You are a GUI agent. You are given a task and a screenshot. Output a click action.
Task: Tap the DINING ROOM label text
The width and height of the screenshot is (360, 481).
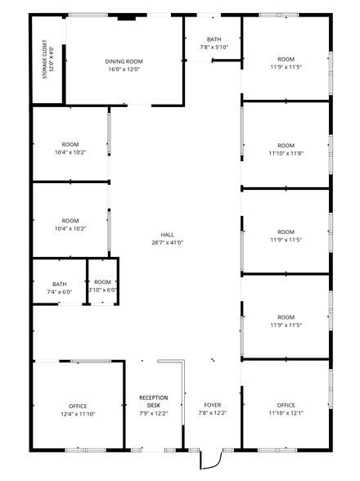pos(124,61)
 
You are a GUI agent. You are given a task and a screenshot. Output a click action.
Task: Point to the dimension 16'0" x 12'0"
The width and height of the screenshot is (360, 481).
pos(124,70)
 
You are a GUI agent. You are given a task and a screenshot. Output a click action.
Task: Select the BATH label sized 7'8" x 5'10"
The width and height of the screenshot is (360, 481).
pos(214,39)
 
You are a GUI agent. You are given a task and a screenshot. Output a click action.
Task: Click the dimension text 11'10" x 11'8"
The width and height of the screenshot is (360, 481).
pos(286,153)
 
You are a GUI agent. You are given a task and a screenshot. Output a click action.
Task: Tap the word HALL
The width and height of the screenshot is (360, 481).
pos(168,234)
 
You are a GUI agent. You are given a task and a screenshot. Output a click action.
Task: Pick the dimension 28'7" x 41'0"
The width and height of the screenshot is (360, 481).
pos(168,242)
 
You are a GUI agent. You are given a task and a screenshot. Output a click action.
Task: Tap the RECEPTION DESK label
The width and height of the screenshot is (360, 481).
pos(153,401)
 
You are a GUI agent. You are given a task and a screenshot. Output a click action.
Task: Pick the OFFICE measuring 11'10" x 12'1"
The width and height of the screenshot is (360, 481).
pos(286,406)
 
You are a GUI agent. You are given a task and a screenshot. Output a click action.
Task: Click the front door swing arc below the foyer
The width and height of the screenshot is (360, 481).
pos(209,461)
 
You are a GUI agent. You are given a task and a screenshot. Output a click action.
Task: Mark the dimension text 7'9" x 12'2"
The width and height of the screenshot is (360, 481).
pos(153,414)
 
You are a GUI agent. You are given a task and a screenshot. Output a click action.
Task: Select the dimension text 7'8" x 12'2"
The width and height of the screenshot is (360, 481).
pos(212,414)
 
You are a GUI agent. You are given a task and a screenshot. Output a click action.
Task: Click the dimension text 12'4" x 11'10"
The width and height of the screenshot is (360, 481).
pos(78,414)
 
